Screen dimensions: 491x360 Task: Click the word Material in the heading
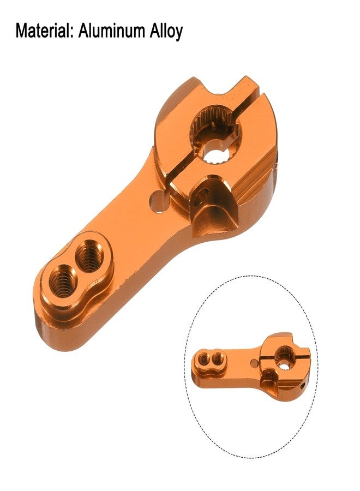pos(44,31)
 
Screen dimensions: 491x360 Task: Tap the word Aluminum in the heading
pos(112,31)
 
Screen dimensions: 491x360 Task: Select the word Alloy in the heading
pos(166,31)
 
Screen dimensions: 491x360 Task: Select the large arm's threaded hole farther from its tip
pos(89,256)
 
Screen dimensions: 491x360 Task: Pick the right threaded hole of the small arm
pos(218,358)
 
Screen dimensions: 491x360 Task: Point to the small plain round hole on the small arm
pos(253,362)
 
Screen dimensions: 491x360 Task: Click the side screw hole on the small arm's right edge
pos(303,386)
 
